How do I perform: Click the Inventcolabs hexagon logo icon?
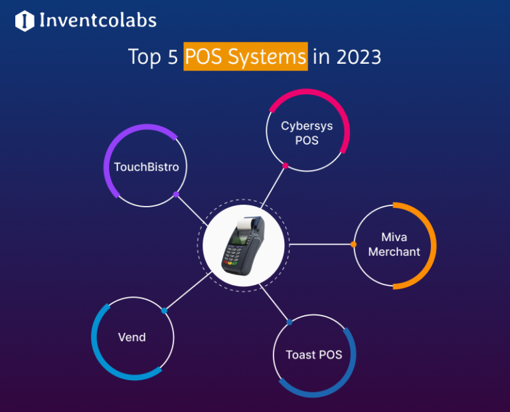[x=24, y=21]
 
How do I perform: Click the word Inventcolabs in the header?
[x=98, y=21]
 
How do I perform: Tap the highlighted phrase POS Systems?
[x=246, y=57]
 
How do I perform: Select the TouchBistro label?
[x=146, y=167]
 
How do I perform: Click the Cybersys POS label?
[x=307, y=132]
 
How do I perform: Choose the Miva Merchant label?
[x=394, y=245]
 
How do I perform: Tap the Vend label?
[x=131, y=337]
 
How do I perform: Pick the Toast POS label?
[x=314, y=354]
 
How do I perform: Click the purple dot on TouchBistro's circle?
[x=175, y=195]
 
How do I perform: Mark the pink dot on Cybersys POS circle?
[x=285, y=165]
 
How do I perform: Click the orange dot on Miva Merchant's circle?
[x=353, y=245]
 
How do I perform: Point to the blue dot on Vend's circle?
[x=164, y=310]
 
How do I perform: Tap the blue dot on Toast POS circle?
[x=290, y=322]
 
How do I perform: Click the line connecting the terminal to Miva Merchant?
[x=321, y=245]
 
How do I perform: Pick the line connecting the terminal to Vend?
[x=186, y=293]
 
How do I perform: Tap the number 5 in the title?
[x=172, y=57]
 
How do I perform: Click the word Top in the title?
[x=144, y=57]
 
